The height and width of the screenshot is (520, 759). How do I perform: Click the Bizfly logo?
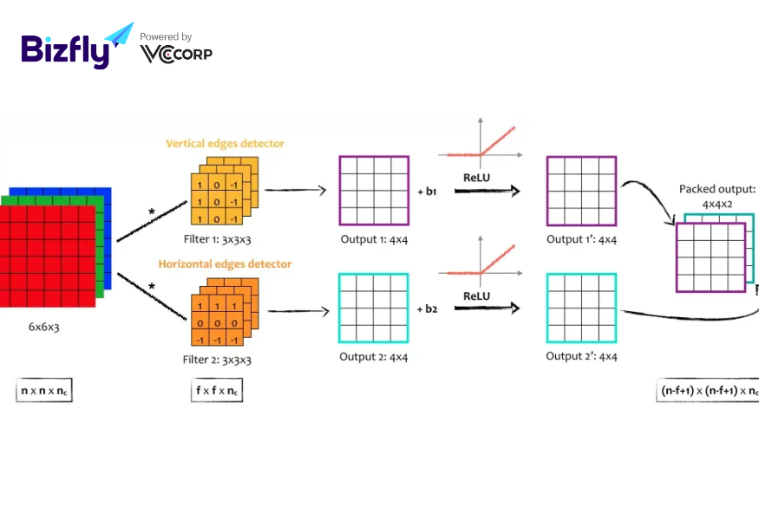(77, 45)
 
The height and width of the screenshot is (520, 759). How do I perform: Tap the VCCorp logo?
(176, 54)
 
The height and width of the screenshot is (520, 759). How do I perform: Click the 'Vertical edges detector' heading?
(225, 143)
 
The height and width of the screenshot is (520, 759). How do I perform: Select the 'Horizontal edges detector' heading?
(225, 263)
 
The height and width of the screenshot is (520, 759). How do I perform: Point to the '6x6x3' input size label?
(43, 327)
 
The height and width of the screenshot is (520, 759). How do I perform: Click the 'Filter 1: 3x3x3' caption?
(218, 239)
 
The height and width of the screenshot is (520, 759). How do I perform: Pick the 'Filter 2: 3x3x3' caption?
(217, 360)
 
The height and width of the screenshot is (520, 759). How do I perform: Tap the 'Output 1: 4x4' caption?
(374, 239)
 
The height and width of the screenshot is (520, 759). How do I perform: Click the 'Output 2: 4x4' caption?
(373, 357)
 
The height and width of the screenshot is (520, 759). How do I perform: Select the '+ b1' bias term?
(427, 192)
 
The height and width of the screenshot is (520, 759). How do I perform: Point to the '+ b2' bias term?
(427, 309)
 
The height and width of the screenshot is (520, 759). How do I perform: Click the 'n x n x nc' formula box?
(44, 390)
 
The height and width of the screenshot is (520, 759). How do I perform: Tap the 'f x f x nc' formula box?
(217, 390)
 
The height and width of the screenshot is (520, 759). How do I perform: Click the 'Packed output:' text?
(717, 189)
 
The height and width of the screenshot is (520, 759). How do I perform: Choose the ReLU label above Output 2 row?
(477, 296)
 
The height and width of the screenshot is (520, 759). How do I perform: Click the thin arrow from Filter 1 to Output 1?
(296, 190)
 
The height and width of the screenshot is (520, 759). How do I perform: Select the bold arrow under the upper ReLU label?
(487, 191)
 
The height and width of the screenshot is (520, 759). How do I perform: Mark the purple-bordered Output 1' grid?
(581, 157)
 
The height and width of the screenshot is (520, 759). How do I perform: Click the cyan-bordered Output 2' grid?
(581, 274)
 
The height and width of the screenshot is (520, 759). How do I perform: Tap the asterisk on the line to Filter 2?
(152, 286)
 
